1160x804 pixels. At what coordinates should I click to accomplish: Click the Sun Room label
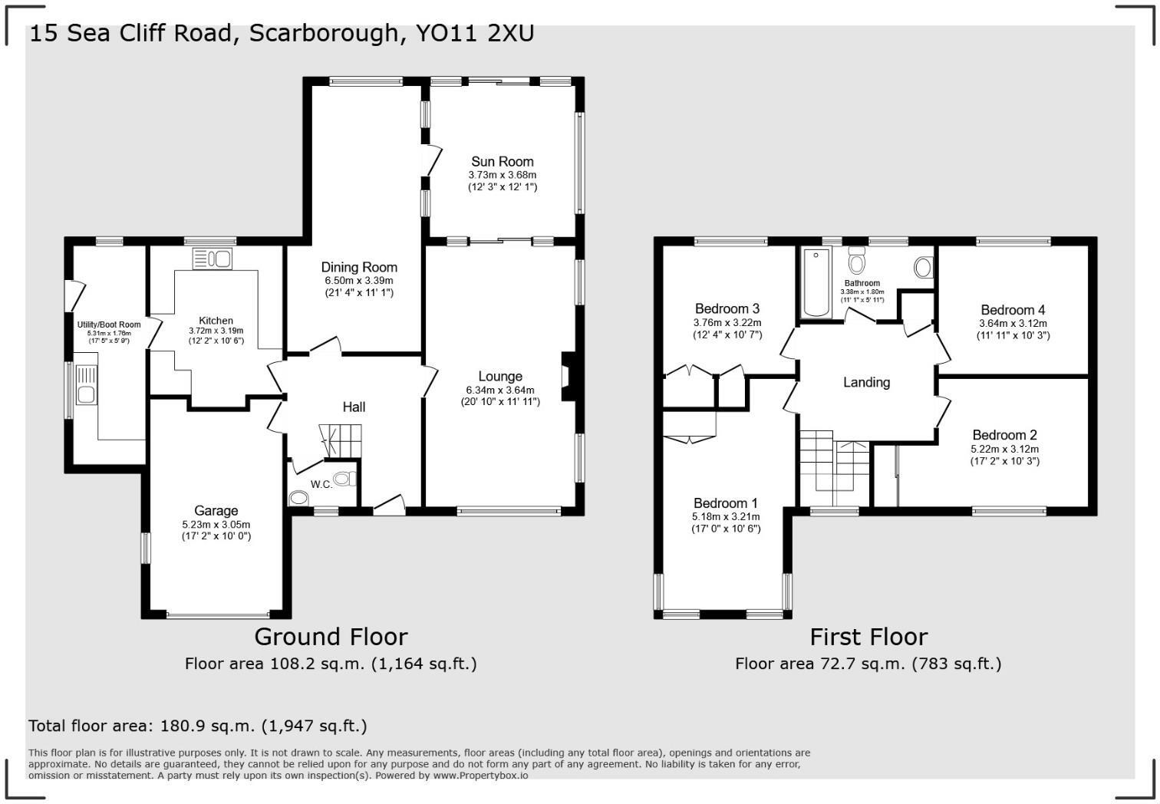tap(502, 162)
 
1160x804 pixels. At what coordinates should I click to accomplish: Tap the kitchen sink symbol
tap(213, 259)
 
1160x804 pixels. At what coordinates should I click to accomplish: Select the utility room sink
tap(85, 394)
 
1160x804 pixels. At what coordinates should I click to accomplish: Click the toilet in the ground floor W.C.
tap(344, 479)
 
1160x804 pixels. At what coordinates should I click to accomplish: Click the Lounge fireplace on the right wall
tap(568, 377)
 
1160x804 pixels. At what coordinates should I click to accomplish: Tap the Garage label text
tap(216, 511)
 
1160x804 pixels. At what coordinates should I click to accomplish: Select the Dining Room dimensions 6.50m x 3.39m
tap(359, 281)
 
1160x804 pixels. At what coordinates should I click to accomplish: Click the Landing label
tap(866, 382)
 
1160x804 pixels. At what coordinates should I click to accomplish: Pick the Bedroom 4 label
tap(1013, 310)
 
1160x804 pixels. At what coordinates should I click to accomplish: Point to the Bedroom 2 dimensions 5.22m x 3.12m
tap(1004, 450)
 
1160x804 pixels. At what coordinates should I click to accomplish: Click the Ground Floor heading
tap(331, 637)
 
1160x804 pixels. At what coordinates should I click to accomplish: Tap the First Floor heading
tap(868, 637)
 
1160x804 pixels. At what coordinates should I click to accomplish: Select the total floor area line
tap(198, 726)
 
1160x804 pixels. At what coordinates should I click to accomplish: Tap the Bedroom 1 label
tap(725, 503)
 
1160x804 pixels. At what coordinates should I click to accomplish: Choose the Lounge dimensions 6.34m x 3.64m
tap(500, 390)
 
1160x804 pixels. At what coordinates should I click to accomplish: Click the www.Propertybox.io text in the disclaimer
tap(480, 776)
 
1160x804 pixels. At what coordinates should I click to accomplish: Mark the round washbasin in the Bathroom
tap(924, 267)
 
